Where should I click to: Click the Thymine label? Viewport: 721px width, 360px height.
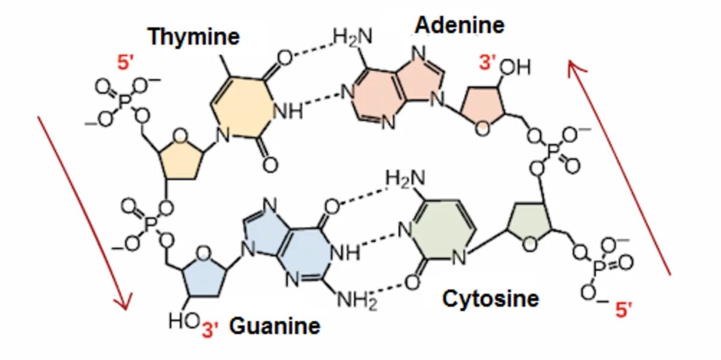click(x=193, y=37)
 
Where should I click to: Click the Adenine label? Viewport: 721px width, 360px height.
click(x=460, y=25)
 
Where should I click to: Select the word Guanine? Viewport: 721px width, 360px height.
click(x=275, y=326)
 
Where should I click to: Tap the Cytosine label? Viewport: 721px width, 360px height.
click(x=490, y=298)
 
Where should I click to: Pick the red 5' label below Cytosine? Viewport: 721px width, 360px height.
click(x=624, y=310)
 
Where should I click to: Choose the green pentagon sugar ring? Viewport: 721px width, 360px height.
click(x=529, y=226)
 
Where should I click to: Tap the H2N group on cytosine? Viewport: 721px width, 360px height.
click(x=405, y=178)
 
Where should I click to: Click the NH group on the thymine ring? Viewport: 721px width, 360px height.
click(x=288, y=112)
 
